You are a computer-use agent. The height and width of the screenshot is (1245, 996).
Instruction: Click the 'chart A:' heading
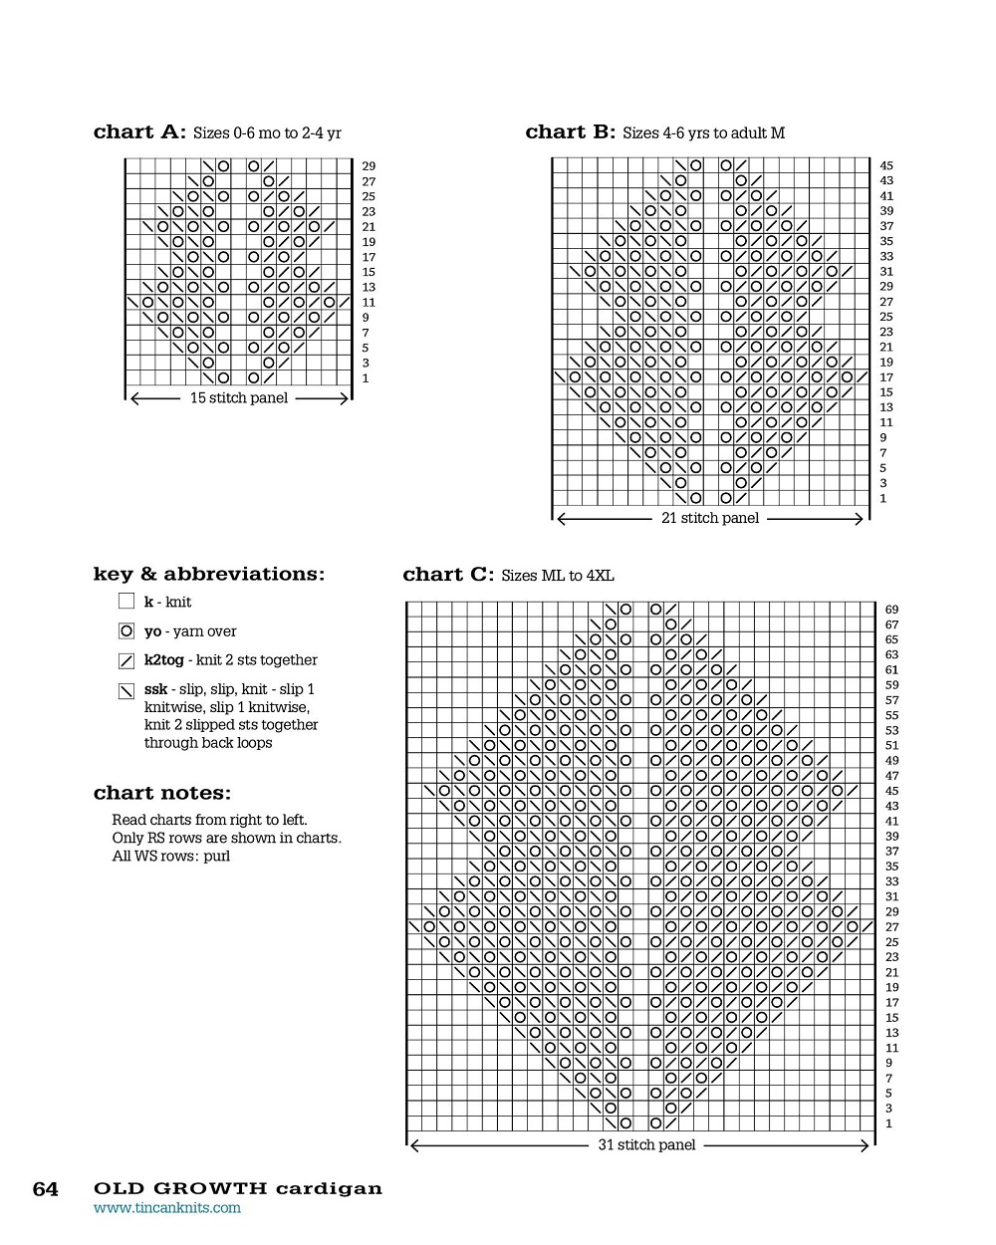139,132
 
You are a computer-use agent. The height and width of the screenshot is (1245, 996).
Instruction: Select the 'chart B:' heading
571,132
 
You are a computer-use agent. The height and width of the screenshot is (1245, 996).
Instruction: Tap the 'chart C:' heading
448,575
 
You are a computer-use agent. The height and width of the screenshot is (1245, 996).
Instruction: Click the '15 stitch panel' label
239,398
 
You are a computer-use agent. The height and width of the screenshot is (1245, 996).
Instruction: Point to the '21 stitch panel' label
710,518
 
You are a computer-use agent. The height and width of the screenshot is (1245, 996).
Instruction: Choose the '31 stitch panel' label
646,1145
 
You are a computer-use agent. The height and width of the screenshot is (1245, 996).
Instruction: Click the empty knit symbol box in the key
126,602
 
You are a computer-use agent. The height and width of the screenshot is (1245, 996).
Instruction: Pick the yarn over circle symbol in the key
126,630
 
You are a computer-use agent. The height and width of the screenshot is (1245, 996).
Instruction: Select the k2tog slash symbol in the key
126,660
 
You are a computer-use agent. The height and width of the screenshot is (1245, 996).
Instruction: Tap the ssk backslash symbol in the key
126,690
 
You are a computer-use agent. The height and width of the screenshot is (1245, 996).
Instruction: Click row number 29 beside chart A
369,166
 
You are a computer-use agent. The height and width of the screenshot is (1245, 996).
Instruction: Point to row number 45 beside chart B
886,166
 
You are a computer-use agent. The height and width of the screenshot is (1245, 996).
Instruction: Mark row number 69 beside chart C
891,610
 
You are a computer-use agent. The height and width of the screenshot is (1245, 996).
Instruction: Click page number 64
46,1189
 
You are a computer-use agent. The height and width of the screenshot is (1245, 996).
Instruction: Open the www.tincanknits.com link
167,1208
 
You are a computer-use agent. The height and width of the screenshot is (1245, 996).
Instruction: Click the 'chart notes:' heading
162,794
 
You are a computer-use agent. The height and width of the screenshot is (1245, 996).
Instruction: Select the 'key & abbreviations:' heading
209,575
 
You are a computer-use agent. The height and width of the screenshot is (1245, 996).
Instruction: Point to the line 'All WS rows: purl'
171,857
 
